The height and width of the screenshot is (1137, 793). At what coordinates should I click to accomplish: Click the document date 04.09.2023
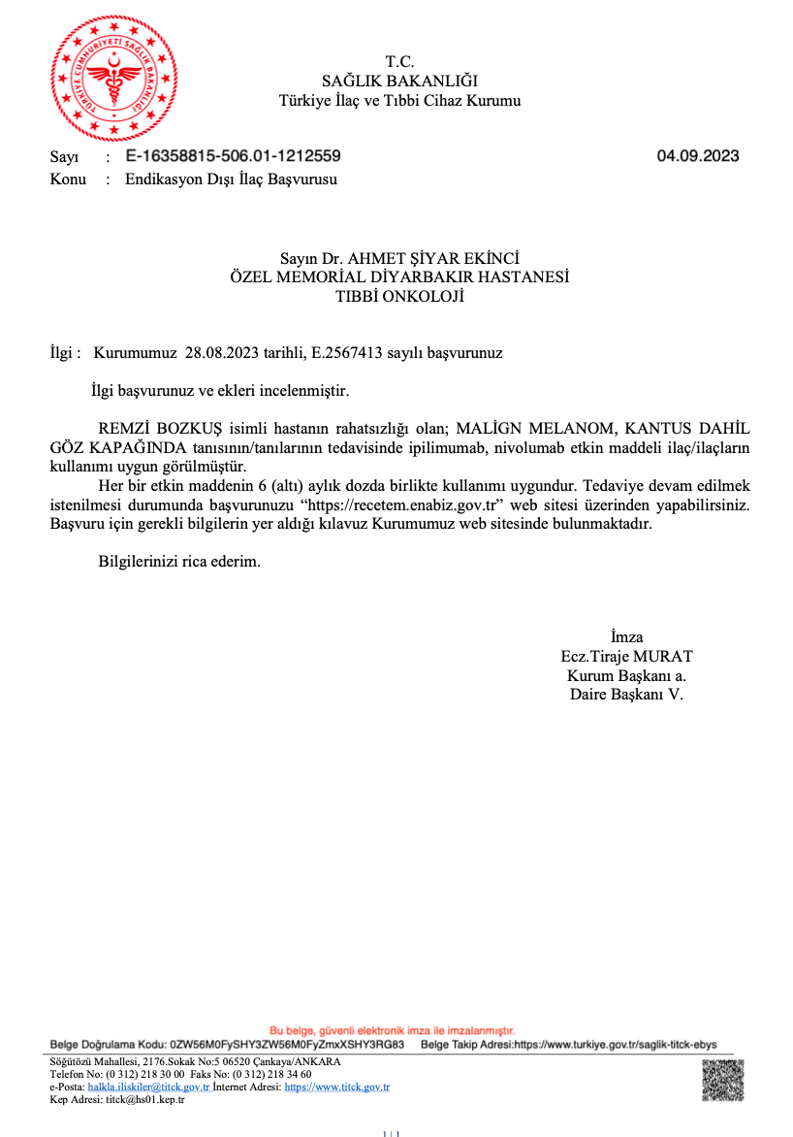[x=698, y=156]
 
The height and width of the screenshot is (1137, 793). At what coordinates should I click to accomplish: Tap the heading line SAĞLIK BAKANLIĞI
[x=399, y=81]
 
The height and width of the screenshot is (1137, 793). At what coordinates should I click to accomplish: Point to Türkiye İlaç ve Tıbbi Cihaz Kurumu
[x=399, y=101]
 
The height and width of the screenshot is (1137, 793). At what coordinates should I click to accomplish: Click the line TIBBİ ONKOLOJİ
[x=399, y=297]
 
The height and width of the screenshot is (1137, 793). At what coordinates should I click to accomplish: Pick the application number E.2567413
[x=344, y=353]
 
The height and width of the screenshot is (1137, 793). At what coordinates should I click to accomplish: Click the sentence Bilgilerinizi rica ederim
[x=179, y=562]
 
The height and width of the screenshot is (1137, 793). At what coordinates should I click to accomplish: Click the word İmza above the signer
[x=626, y=636]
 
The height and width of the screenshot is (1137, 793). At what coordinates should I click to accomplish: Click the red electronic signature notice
[x=392, y=1030]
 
